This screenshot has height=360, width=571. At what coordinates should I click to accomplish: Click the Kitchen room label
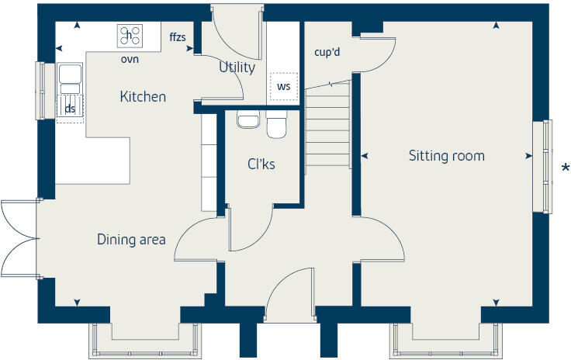pos(143,97)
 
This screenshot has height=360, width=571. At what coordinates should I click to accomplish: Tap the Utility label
pos(237,67)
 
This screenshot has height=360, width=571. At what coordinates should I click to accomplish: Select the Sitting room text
pos(446,156)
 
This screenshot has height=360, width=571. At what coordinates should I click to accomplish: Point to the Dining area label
pos(131,240)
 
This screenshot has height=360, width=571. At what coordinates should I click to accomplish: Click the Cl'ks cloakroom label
pos(261,164)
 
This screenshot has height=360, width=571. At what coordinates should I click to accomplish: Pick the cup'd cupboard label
pos(327,53)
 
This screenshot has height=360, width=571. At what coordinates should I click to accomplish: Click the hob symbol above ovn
pos(130,36)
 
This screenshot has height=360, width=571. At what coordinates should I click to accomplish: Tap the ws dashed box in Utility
pos(283,86)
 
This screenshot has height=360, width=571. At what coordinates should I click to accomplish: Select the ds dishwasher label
pos(70,109)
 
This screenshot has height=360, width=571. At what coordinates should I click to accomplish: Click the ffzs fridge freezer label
pos(177,36)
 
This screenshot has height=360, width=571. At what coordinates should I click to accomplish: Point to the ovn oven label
pos(130,59)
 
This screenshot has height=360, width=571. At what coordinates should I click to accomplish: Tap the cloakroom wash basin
pos(247,120)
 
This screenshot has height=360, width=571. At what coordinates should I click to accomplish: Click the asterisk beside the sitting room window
pos(566,169)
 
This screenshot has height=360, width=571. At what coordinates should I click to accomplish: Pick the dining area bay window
pos(146,335)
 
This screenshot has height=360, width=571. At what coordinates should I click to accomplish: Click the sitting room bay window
pos(445,335)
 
